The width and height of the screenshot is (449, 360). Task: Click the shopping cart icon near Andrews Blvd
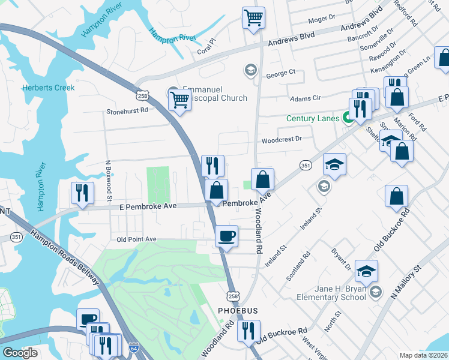(254, 17)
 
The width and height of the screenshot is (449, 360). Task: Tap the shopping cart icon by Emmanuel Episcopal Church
(179, 100)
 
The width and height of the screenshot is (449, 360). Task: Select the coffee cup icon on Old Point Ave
(226, 235)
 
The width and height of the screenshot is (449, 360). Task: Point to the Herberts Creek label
(49, 88)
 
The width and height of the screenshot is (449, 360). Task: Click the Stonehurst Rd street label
(127, 112)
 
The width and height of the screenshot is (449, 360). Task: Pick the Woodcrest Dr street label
(281, 141)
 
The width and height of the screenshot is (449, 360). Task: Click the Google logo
(20, 353)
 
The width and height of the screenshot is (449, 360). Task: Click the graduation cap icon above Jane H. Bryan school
(366, 271)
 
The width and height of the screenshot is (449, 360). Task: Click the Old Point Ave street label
(137, 239)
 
